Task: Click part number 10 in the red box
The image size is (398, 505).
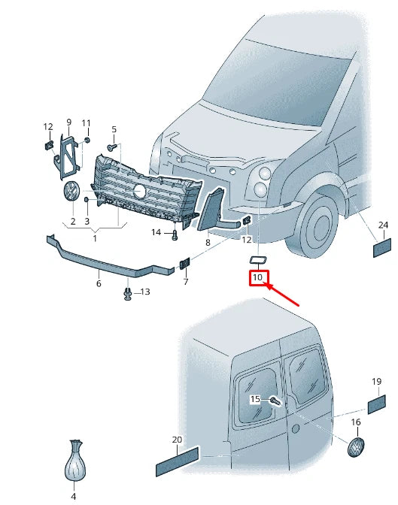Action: pos(258,278)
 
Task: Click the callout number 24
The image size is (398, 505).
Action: pos(382,225)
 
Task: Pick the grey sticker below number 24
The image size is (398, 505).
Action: pos(382,247)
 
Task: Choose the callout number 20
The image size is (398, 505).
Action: pos(178,440)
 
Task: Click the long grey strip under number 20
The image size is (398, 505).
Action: pos(177,461)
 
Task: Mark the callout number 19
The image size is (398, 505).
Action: pos(376,383)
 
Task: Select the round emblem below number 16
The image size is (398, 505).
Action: pos(356,447)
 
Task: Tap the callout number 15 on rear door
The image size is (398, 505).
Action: pos(255,399)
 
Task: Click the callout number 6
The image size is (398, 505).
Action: pos(98,284)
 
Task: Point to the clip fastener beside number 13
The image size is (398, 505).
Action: pos(129,293)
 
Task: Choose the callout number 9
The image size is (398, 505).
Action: pos(68,122)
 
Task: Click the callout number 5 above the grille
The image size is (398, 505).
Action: pos(114,129)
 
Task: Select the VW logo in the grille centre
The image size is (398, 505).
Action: pos(140,191)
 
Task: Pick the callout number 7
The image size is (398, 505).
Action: pos(184,282)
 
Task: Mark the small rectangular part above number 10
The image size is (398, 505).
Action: pos(257,260)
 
